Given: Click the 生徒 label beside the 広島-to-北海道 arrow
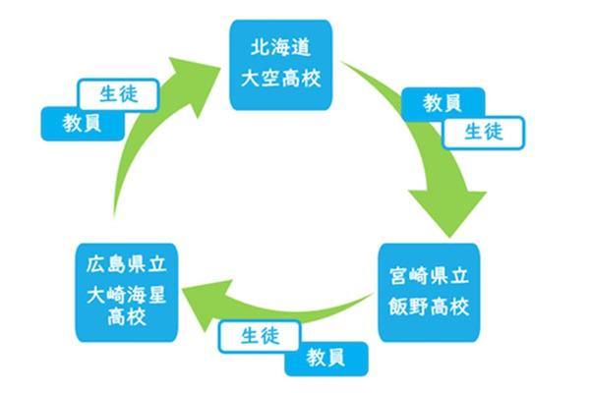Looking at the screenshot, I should point(117,94).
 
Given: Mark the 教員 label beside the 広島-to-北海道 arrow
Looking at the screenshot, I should point(83,122).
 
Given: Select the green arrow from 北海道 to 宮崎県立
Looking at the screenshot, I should point(413,138).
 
